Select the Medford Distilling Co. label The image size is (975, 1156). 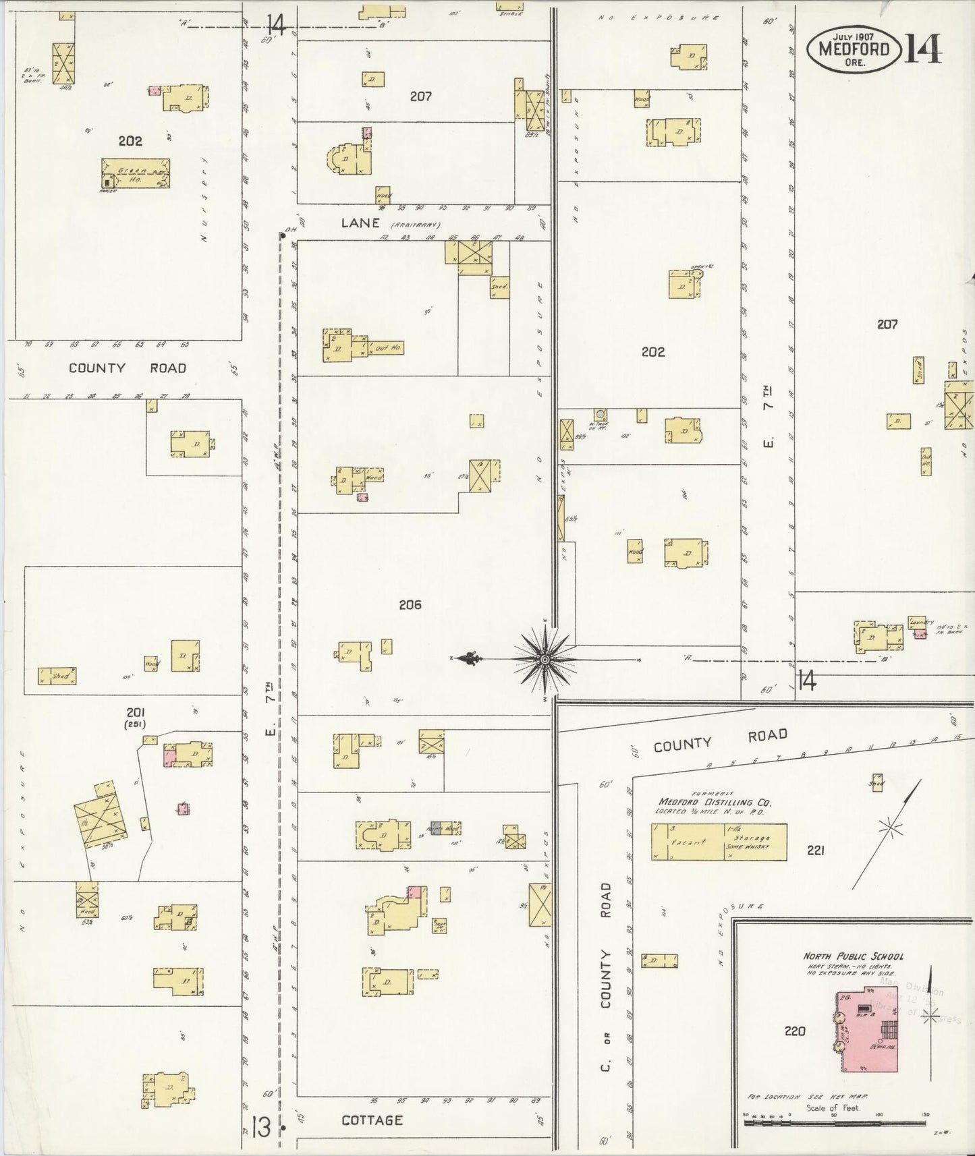(x=715, y=803)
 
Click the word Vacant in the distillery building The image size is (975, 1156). (x=687, y=842)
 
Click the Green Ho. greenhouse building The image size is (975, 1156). (x=136, y=173)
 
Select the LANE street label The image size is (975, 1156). (x=360, y=223)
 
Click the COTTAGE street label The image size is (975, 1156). (x=372, y=1120)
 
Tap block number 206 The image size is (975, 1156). (x=410, y=605)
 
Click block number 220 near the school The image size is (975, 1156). (x=795, y=1031)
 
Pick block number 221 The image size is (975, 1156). (x=815, y=850)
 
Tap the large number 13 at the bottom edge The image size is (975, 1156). (x=259, y=1126)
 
